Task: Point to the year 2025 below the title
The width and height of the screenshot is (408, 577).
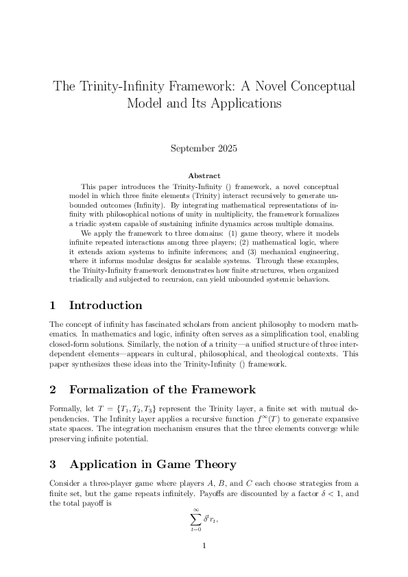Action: tap(227, 147)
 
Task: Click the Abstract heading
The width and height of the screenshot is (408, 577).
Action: tap(204, 175)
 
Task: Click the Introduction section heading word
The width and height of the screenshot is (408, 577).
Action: tap(106, 306)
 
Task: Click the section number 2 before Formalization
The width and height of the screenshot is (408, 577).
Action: tap(53, 390)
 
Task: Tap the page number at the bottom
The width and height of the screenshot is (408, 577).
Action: tap(204, 546)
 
